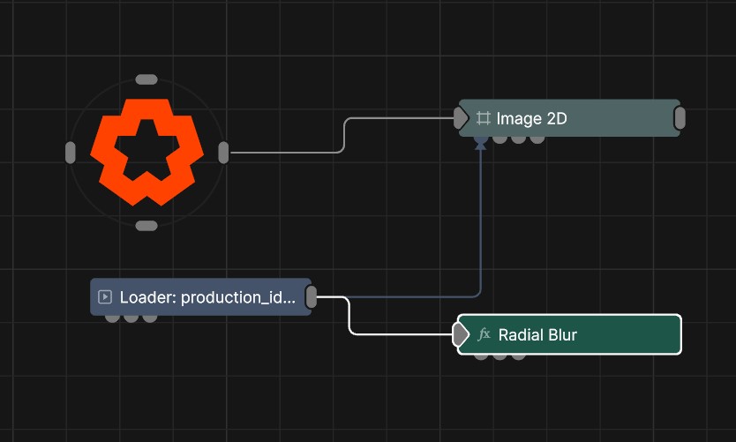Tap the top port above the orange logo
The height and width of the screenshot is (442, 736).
click(x=146, y=79)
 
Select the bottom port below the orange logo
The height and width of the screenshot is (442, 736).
click(x=146, y=226)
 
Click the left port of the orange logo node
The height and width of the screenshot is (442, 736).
click(x=71, y=153)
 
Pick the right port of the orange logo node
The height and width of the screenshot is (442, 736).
click(x=223, y=153)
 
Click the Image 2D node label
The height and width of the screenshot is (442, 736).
click(x=531, y=118)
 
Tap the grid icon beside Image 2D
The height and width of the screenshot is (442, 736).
click(x=484, y=118)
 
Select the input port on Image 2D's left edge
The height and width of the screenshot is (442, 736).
click(x=461, y=117)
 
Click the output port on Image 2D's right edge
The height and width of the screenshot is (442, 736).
click(x=680, y=117)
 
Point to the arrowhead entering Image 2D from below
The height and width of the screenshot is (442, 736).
click(x=481, y=146)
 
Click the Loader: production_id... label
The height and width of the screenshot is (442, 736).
click(x=207, y=297)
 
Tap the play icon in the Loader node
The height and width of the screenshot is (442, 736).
click(x=105, y=297)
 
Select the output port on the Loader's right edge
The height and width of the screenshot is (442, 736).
click(x=312, y=297)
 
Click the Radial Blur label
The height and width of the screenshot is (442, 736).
click(x=537, y=334)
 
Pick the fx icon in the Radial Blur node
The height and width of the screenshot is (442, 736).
click(x=484, y=334)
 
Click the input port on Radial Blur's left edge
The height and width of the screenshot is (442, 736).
click(x=461, y=334)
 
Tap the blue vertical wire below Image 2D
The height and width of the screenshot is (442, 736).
click(x=481, y=221)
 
